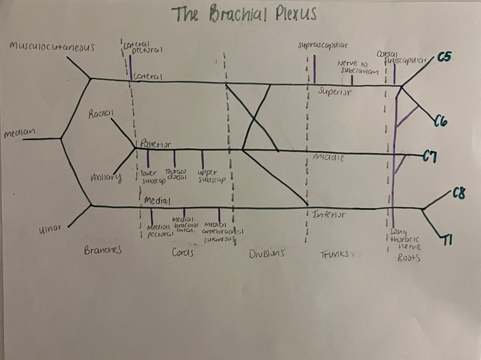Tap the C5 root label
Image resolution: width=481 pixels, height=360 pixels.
(444, 58)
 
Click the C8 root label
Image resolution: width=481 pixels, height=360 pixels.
(459, 192)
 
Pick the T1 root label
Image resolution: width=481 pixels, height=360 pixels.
(448, 242)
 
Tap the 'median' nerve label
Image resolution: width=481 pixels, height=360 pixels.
(20, 134)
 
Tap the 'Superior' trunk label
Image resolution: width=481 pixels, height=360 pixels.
(335, 92)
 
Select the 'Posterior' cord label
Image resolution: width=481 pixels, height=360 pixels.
(155, 144)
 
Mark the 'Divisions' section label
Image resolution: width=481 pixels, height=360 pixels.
(267, 253)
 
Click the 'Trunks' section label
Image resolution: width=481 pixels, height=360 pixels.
(335, 254)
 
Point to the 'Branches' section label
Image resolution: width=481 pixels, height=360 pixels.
(103, 250)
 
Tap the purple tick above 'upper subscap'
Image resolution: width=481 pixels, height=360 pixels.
(202, 158)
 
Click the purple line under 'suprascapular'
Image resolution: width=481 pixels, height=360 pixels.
(314, 69)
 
